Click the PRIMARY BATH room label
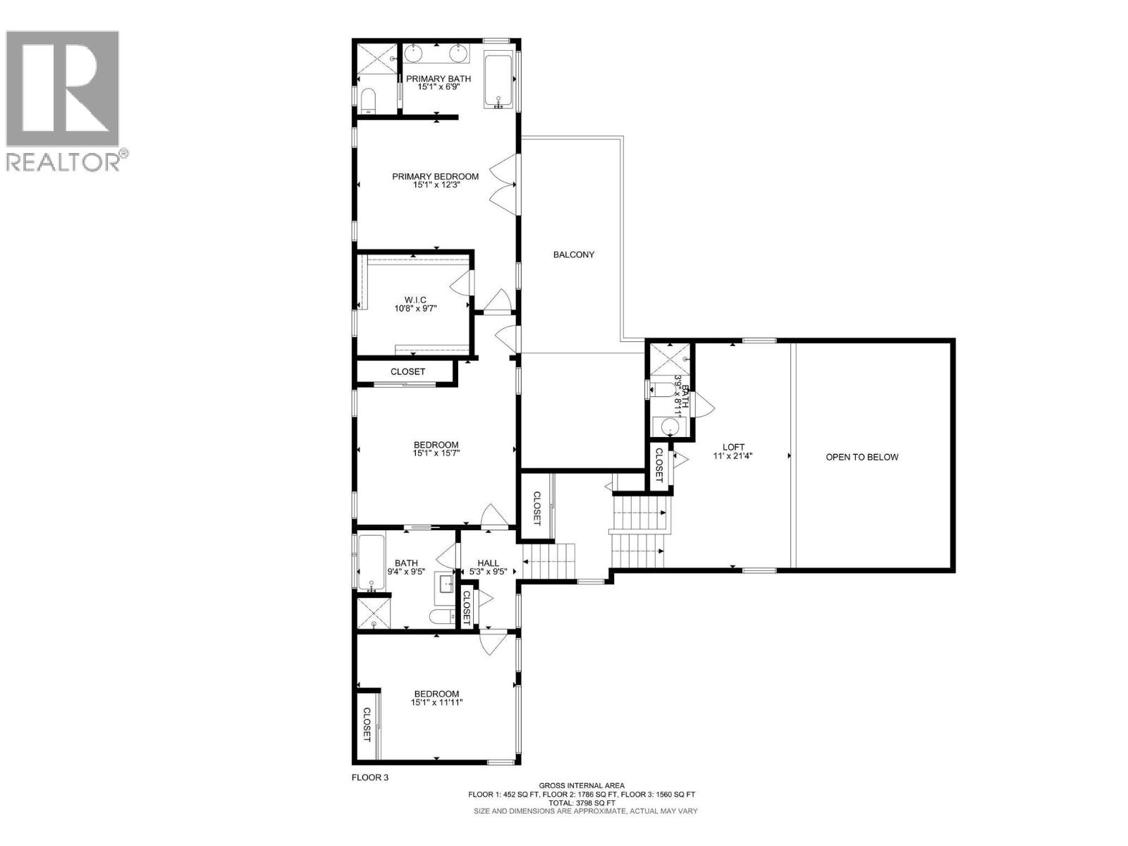click(x=438, y=78)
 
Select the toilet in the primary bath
click(x=367, y=103)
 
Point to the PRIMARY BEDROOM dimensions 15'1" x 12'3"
click(x=436, y=185)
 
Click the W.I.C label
click(x=416, y=300)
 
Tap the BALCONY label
click(x=573, y=255)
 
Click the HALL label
click(x=488, y=563)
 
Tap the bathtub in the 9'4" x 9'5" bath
click(x=370, y=563)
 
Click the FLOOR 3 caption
click(x=370, y=778)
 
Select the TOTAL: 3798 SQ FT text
click(x=582, y=802)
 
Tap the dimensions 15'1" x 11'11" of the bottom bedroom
click(x=436, y=702)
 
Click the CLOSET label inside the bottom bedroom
click(x=367, y=735)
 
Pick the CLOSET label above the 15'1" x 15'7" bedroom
click(x=407, y=372)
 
